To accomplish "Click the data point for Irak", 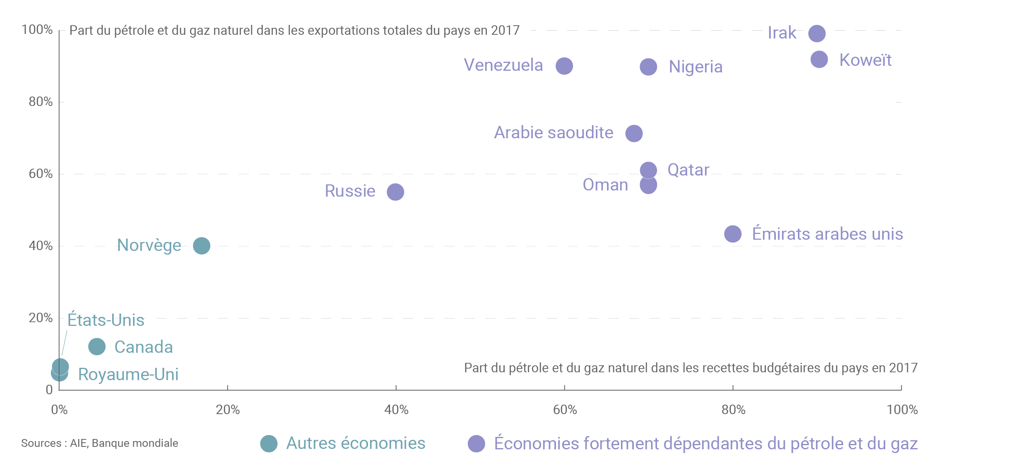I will pos(817,34).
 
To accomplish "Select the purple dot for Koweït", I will pos(819,60).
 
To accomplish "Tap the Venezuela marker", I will pos(564,66).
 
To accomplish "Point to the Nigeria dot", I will pos(648,67).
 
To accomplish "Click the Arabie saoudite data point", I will pos(634,133).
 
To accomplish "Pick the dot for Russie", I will pos(395,192).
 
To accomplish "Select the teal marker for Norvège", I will pos(202,246).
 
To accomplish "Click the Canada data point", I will pos(97,347).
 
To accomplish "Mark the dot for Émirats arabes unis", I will pos(733,234).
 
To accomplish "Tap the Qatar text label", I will pos(688,170).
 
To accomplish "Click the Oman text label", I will pos(605,185).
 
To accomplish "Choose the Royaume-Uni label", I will pos(128,374).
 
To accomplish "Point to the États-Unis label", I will pos(106,320).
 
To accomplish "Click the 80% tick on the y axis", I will pos(41,102).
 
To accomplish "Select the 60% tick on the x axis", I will pos(565,410).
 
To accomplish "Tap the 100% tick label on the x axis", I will pos(902,410).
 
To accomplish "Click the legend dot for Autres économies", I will pos(269,444).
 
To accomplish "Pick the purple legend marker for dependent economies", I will pos(476,444).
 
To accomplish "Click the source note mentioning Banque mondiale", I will pos(99,443).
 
